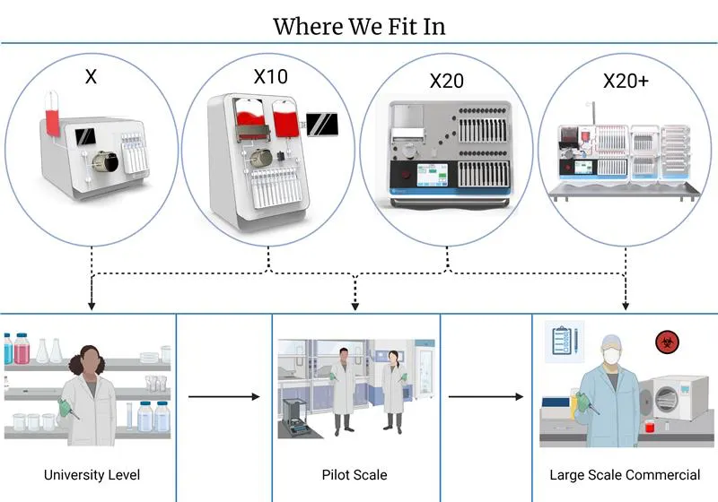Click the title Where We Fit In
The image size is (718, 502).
pyautogui.click(x=359, y=27)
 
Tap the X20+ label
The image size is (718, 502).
pyautogui.click(x=626, y=81)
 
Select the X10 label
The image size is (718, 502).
pyautogui.click(x=271, y=76)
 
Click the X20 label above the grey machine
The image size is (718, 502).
pyautogui.click(x=446, y=81)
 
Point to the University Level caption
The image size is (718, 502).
pyautogui.click(x=92, y=475)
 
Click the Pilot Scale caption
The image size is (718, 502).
pyautogui.click(x=355, y=475)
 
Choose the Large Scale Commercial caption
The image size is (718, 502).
pyautogui.click(x=625, y=475)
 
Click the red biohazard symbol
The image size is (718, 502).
pyautogui.click(x=667, y=342)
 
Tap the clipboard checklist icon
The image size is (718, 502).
pyautogui.click(x=565, y=341)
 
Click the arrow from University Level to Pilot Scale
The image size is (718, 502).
pyautogui.click(x=223, y=396)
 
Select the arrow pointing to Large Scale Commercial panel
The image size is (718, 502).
pyautogui.click(x=486, y=396)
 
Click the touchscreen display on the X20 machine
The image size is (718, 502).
pyautogui.click(x=432, y=175)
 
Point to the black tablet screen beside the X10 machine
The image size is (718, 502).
pyautogui.click(x=322, y=125)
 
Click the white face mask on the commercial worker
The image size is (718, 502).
pyautogui.click(x=611, y=356)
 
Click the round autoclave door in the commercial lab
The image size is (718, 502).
pyautogui.click(x=667, y=397)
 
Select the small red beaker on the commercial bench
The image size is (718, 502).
pyautogui.click(x=650, y=427)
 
